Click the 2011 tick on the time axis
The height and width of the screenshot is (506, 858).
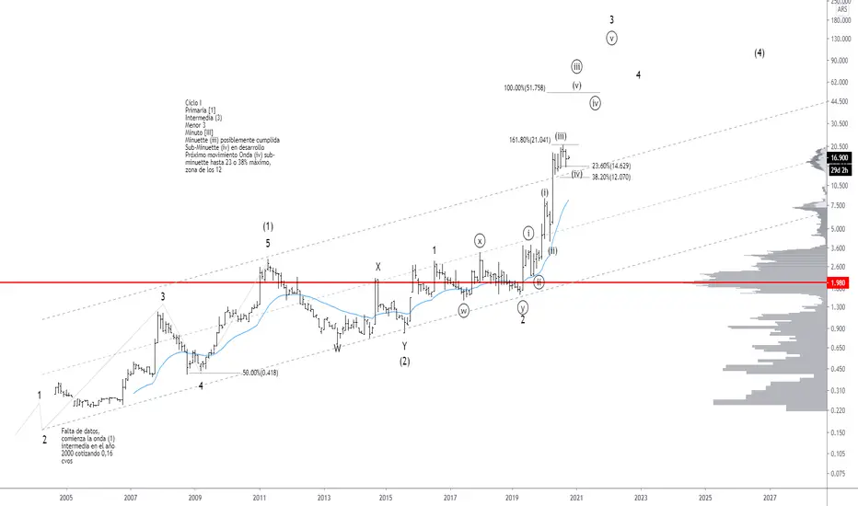pos(259,496)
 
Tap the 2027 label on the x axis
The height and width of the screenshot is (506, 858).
pos(769,496)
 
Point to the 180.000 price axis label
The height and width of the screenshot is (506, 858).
pos(839,20)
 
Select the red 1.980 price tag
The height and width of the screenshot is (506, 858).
pos(838,282)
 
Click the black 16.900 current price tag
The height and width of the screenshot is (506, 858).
pos(838,157)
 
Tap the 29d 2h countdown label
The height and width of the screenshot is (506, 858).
pos(838,169)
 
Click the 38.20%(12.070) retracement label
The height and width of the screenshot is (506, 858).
pos(612,177)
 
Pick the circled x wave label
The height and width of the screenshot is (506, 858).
pos(481,240)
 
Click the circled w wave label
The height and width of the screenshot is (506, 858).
pos(464,310)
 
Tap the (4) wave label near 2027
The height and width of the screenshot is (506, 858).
pos(759,52)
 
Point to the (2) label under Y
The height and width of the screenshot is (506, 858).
pos(404,362)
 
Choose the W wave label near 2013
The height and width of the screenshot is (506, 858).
pos(337,348)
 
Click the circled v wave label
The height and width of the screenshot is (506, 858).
pos(611,38)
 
